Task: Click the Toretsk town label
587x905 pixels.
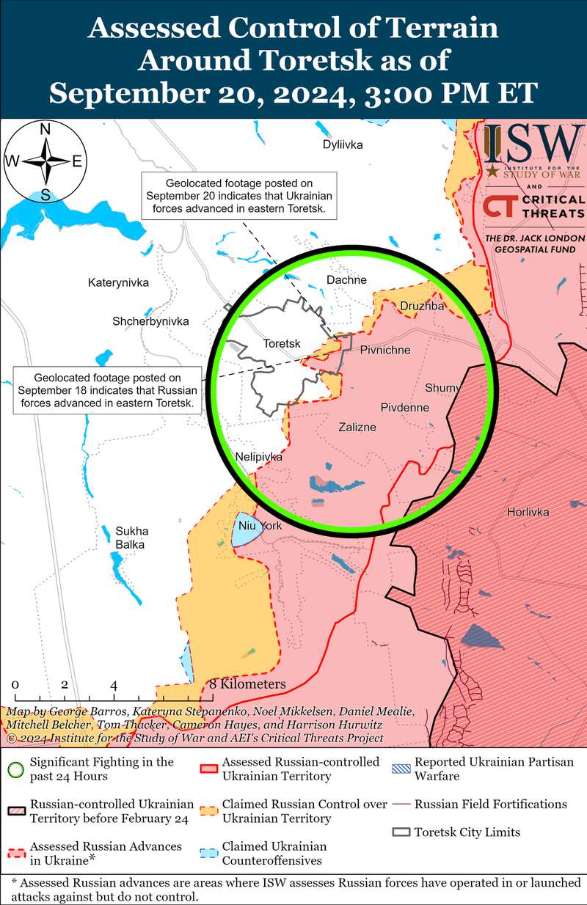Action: (282, 343)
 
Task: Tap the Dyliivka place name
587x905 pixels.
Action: (343, 144)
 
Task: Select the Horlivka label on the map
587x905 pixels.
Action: (528, 512)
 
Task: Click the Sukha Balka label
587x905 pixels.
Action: (131, 538)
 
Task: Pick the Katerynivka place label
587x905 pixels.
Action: (118, 282)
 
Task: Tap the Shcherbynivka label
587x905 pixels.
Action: (150, 321)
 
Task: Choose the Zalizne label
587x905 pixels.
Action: (357, 427)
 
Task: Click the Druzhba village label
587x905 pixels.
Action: (422, 306)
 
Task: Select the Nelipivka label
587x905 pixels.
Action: (258, 457)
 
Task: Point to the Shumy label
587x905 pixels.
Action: (442, 388)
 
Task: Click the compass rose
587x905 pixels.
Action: (45, 162)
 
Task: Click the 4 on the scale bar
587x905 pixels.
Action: (114, 685)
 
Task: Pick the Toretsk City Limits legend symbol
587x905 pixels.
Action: (401, 832)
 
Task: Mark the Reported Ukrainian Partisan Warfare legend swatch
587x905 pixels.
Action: (401, 769)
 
